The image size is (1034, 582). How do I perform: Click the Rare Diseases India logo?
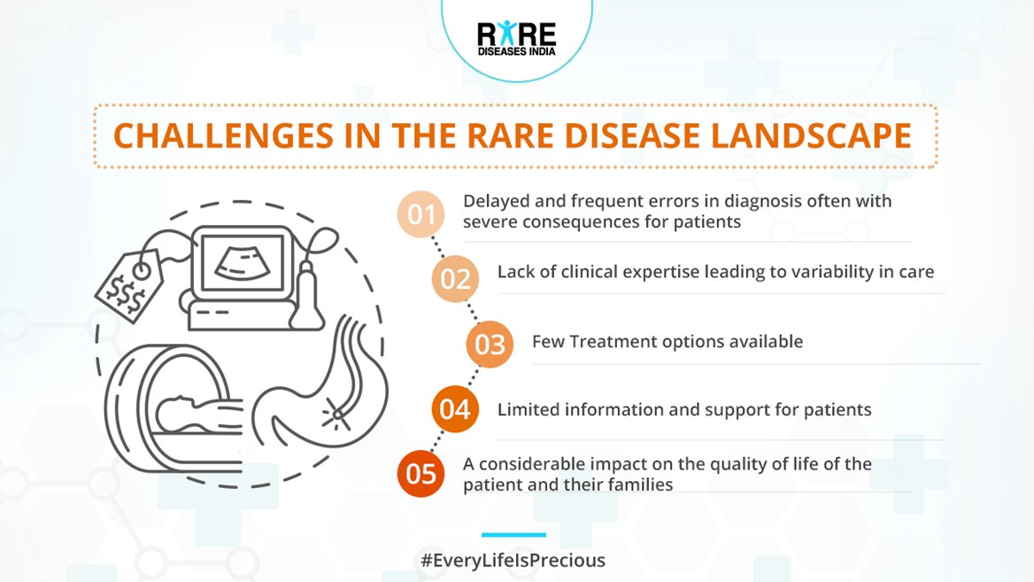(516, 38)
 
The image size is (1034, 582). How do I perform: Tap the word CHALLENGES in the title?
(224, 136)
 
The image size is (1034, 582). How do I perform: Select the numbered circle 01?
(421, 214)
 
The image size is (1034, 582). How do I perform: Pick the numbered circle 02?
(455, 279)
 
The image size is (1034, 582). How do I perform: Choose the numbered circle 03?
(490, 345)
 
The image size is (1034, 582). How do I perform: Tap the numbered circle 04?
(455, 409)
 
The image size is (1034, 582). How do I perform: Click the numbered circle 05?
(421, 474)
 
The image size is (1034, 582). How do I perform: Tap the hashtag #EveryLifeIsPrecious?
(513, 561)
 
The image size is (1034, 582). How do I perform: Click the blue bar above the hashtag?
(513, 534)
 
